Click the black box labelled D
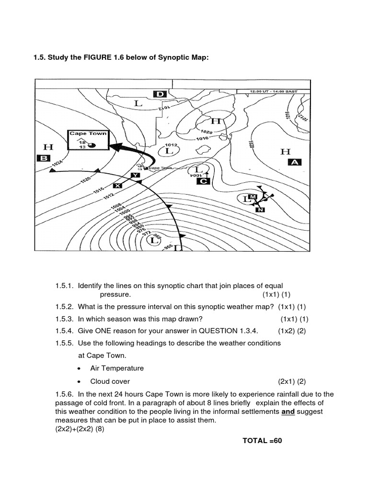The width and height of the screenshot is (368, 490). click(160, 94)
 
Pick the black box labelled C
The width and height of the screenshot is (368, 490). click(203, 181)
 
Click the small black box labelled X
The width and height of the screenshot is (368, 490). click(118, 185)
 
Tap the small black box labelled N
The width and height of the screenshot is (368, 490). click(260, 210)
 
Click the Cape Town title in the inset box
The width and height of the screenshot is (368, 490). click(88, 134)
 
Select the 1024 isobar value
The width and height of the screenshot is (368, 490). click(57, 164)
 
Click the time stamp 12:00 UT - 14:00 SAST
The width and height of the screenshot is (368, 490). click(274, 91)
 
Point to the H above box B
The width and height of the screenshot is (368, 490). click(48, 146)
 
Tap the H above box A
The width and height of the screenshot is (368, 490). click(285, 152)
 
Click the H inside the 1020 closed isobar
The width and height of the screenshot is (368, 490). click(216, 121)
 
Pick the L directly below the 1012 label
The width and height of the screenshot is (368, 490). click(168, 151)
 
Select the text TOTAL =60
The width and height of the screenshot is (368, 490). click(263, 440)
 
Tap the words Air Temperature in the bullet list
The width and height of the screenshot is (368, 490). click(117, 368)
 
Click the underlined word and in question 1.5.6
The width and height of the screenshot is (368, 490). click(287, 412)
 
